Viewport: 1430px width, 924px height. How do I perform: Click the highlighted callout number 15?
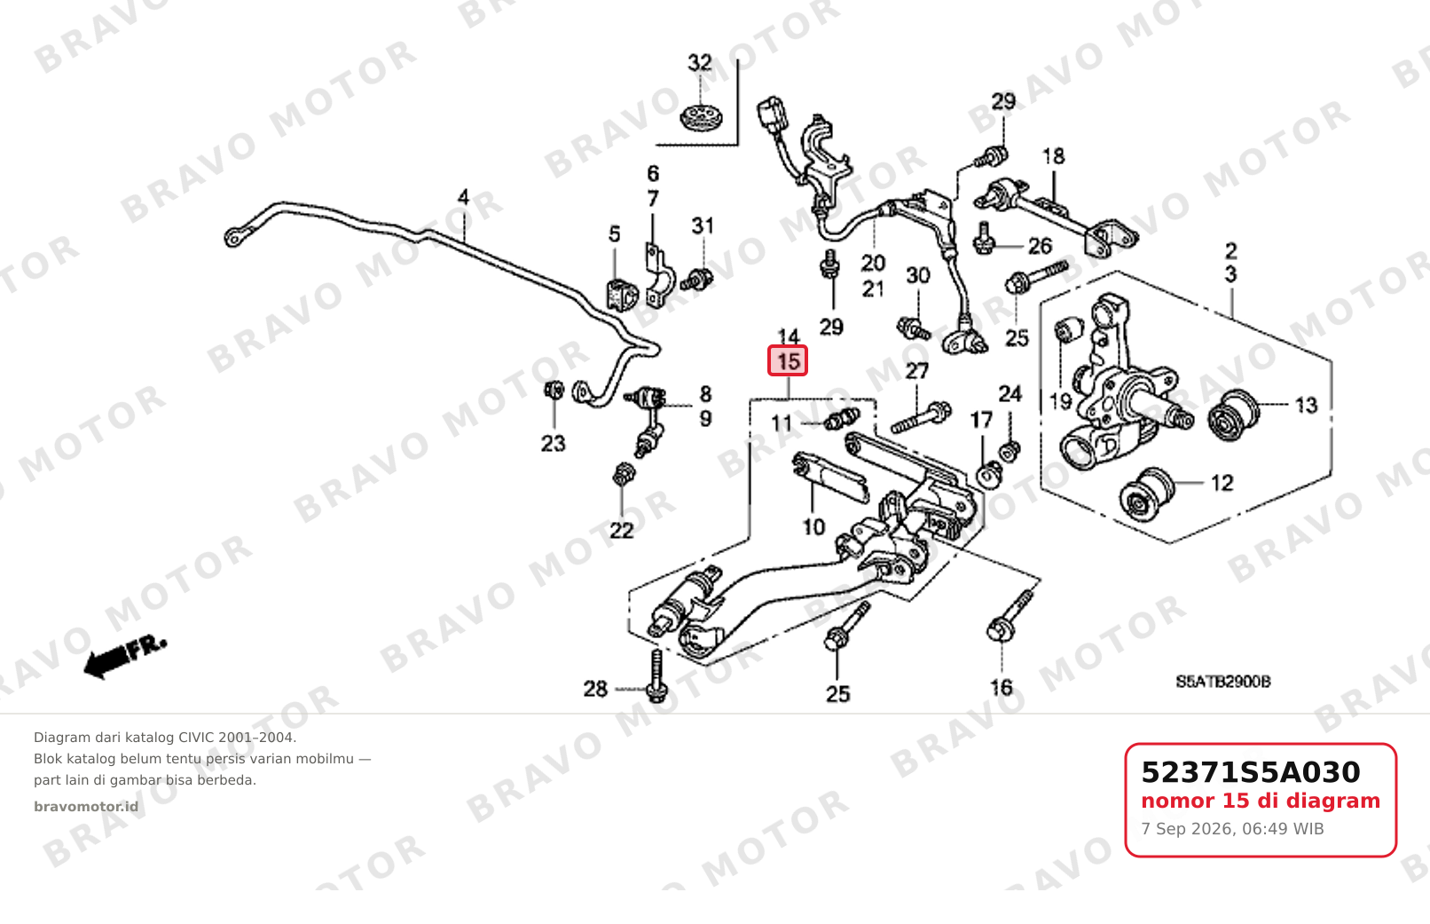click(788, 360)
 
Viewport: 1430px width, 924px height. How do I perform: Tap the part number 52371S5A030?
click(1250, 772)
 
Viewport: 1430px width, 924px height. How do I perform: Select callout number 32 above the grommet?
click(700, 62)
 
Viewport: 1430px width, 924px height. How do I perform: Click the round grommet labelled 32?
click(700, 117)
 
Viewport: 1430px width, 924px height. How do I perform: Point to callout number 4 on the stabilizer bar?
click(463, 197)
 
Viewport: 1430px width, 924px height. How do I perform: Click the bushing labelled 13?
click(1233, 415)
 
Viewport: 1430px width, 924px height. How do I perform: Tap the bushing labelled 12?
click(1146, 494)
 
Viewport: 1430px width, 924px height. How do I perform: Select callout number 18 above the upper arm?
click(1053, 156)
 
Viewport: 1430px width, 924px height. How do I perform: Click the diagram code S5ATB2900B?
click(1223, 682)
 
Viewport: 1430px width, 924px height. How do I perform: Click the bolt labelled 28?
click(656, 675)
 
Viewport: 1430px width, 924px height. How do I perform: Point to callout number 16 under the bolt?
click(1001, 687)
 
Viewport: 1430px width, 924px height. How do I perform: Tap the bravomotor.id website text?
click(86, 807)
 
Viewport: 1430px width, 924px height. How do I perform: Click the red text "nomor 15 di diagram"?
click(1261, 801)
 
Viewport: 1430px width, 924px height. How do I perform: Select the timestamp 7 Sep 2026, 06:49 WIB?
click(1232, 829)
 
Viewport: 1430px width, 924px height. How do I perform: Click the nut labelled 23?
click(554, 389)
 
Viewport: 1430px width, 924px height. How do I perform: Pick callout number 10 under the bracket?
click(813, 527)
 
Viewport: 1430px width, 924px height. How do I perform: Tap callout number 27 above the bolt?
click(916, 370)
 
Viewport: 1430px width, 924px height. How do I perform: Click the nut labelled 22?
click(623, 475)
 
